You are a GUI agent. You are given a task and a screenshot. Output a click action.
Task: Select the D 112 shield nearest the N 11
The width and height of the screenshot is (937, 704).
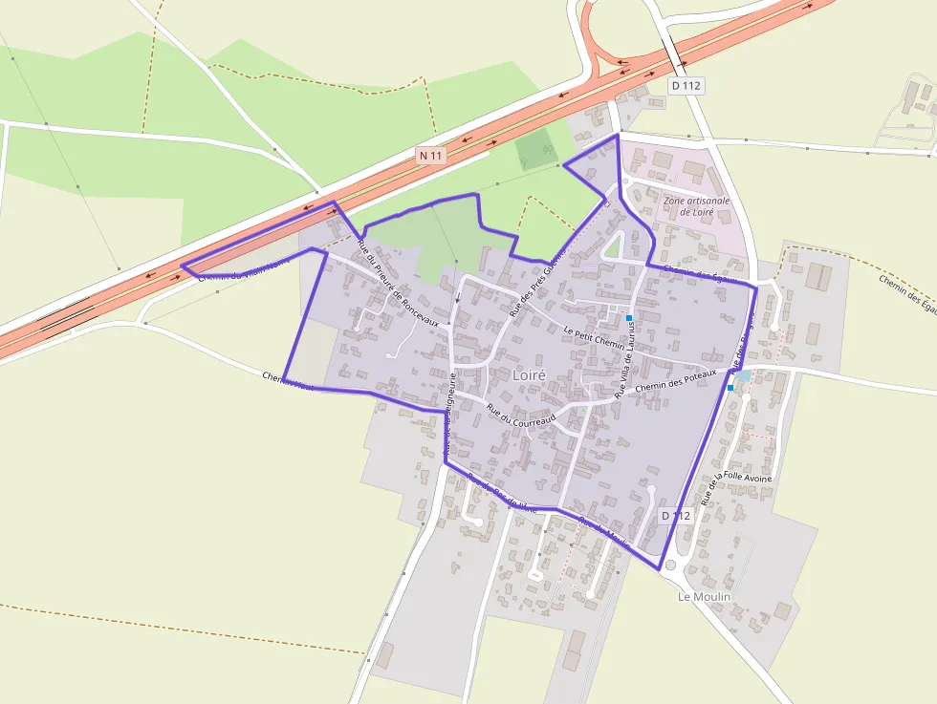point(686,86)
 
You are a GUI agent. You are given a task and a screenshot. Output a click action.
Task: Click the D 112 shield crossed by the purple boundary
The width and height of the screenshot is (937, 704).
point(676,516)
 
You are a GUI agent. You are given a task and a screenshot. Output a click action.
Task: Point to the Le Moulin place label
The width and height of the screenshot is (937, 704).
point(704,596)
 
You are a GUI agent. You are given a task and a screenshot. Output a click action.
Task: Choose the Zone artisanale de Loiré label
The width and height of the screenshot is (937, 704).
point(697,206)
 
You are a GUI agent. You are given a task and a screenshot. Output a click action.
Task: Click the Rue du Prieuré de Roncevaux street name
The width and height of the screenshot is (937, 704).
point(398,284)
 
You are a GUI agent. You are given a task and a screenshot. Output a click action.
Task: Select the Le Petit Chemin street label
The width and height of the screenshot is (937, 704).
point(594,337)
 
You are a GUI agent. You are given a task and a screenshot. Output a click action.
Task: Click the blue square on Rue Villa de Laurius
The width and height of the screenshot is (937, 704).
point(629,317)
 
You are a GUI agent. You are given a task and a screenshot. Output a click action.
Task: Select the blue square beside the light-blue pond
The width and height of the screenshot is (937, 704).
point(730,388)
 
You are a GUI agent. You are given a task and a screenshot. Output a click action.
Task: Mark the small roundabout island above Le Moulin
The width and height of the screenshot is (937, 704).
point(670,565)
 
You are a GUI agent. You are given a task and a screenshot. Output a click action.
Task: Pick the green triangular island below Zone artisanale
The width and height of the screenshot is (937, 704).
point(613,249)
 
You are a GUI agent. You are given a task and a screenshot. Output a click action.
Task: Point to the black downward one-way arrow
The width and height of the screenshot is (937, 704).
point(458,297)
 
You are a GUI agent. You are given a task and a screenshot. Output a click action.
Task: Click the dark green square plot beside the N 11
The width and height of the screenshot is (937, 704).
point(534,150)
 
